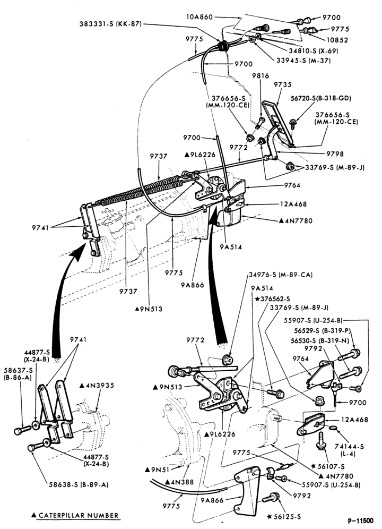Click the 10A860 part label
click(x=199, y=16)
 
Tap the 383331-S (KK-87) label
click(x=110, y=24)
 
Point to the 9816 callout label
click(x=261, y=76)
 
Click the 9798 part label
click(x=335, y=154)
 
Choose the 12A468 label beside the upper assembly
click(x=293, y=204)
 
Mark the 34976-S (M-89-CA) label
click(x=281, y=275)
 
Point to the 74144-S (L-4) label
click(x=345, y=450)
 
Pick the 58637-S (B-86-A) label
click(x=18, y=374)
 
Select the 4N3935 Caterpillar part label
click(x=97, y=385)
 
